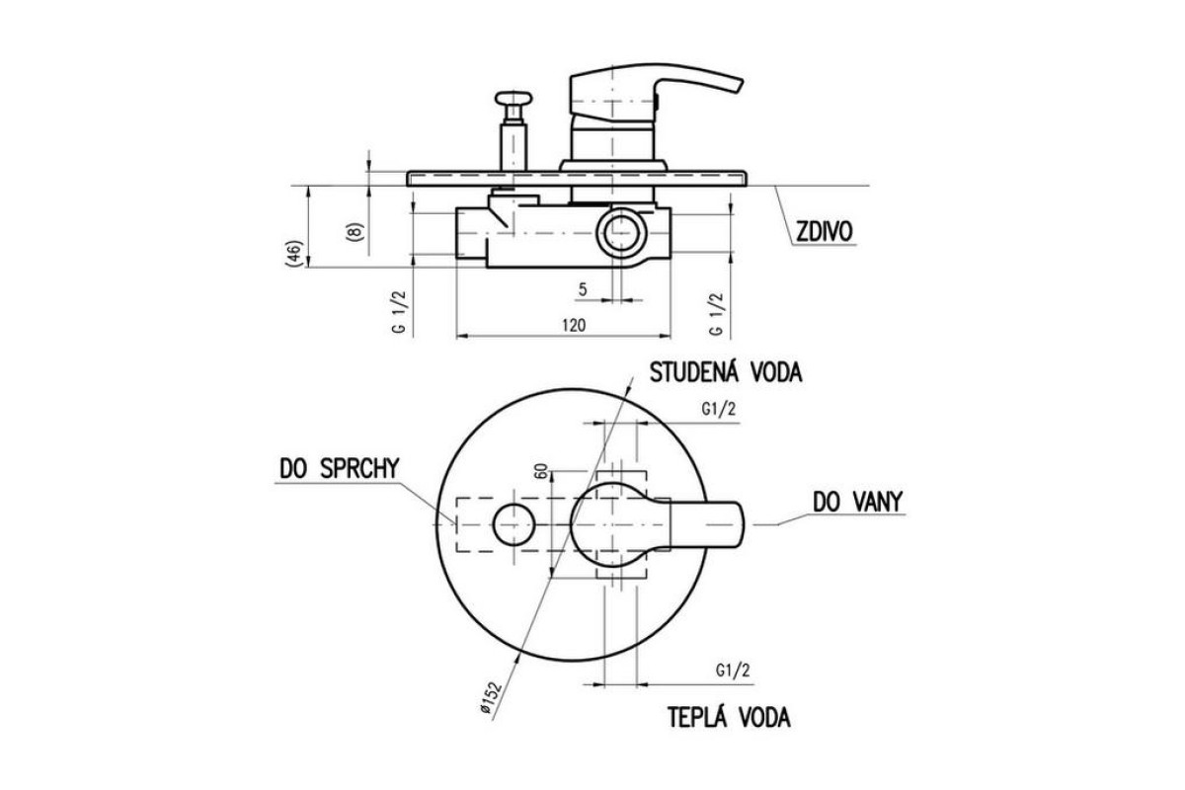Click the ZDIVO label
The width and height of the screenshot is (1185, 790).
[825, 232]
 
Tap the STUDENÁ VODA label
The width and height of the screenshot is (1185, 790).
[726, 372]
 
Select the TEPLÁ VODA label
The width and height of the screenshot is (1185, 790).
[729, 717]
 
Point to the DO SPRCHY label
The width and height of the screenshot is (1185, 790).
[339, 468]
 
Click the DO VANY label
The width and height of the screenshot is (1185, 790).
[857, 502]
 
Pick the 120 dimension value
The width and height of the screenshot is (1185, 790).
[574, 325]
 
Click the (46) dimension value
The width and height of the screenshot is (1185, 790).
[294, 254]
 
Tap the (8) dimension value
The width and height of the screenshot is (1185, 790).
[355, 232]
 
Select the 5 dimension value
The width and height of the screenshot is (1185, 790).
[583, 289]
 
